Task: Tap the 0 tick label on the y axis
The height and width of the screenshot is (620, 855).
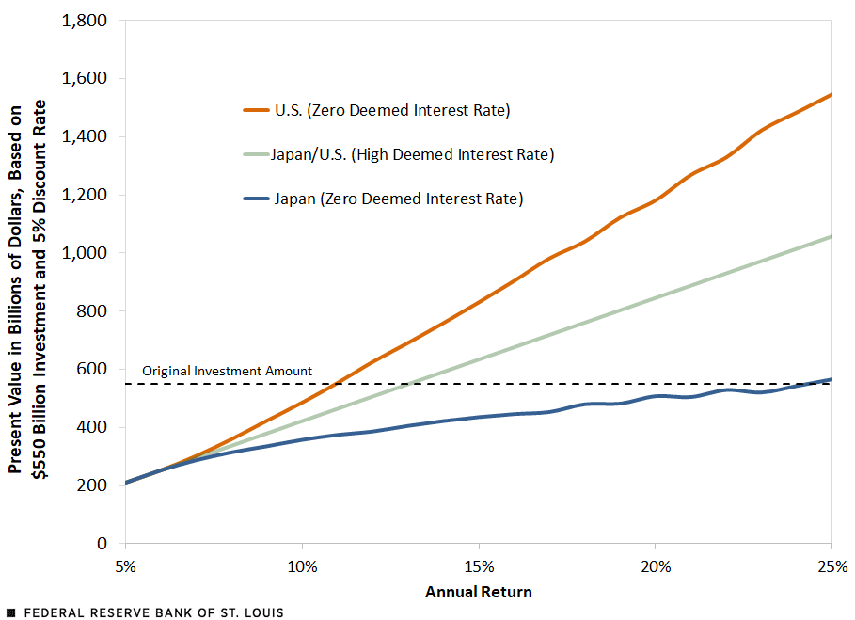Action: (104, 543)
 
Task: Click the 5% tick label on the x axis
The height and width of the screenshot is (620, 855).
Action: (125, 567)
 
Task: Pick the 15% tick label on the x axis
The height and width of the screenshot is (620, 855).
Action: (479, 567)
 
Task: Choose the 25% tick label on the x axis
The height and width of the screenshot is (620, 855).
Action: (831, 567)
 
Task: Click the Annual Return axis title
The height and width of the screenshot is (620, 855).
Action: (479, 593)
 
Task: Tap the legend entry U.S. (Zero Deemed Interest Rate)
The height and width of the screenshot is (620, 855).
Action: (391, 111)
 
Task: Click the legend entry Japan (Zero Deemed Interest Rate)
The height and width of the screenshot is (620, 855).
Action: (398, 199)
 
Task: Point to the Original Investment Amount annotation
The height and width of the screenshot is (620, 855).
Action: (227, 371)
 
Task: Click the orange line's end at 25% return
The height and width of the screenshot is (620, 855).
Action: (831, 94)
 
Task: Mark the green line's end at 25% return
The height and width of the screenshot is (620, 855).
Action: (831, 236)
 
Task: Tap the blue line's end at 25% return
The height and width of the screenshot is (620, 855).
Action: (831, 379)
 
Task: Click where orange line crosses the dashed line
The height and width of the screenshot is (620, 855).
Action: (335, 384)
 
